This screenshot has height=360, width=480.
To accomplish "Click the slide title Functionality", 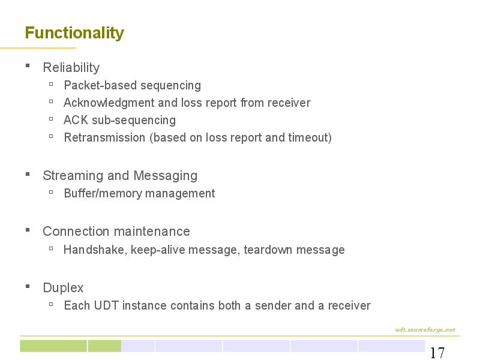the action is [x=74, y=33].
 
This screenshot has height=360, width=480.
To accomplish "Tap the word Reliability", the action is [x=71, y=68].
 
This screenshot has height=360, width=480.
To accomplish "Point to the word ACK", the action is [x=76, y=120].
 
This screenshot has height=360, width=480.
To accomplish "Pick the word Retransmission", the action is [x=104, y=137].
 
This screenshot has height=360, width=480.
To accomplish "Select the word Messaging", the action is [x=166, y=176].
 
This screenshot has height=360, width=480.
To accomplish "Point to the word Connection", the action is [x=76, y=232].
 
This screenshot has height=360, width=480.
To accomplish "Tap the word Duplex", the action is [x=63, y=288].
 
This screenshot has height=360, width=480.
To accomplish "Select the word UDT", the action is [x=106, y=305].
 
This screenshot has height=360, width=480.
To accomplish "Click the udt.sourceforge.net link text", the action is [x=425, y=329].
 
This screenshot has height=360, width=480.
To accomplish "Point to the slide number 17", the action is [x=437, y=353].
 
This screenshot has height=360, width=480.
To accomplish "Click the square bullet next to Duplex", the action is [x=28, y=287].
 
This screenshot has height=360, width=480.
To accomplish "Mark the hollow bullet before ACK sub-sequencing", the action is [x=51, y=119].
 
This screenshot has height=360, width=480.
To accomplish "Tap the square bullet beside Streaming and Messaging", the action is [x=28, y=175].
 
